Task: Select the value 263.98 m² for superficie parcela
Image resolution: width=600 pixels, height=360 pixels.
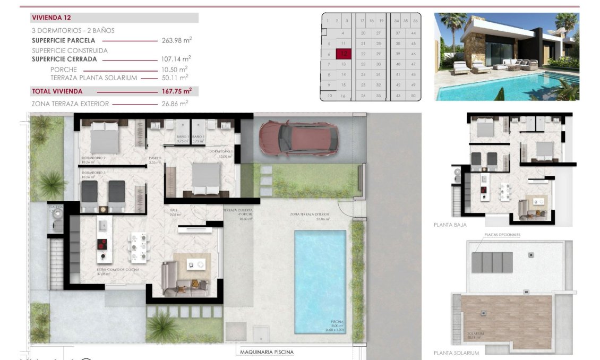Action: tap(176, 40)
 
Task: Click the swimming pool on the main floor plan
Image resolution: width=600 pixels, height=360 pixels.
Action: tap(320, 279)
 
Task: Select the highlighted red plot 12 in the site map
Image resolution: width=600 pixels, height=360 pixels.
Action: tap(344, 54)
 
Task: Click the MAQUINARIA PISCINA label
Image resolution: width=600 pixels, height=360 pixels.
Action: tap(267, 352)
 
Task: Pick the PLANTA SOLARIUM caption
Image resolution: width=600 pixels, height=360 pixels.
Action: tap(456, 353)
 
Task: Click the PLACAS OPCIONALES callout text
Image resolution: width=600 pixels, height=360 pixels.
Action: tap(502, 234)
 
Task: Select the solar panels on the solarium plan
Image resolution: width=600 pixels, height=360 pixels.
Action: tap(492, 262)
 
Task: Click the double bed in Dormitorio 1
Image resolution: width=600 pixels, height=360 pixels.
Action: tap(206, 178)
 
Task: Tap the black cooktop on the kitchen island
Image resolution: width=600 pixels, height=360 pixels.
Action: tap(102, 244)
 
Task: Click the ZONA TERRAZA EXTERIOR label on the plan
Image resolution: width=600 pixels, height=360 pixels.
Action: tap(310, 215)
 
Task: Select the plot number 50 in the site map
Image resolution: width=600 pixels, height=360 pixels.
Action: tap(413, 96)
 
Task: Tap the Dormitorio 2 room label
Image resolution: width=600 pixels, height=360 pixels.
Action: tap(93, 158)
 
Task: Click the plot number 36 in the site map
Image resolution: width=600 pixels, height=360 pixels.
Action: tap(415, 21)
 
